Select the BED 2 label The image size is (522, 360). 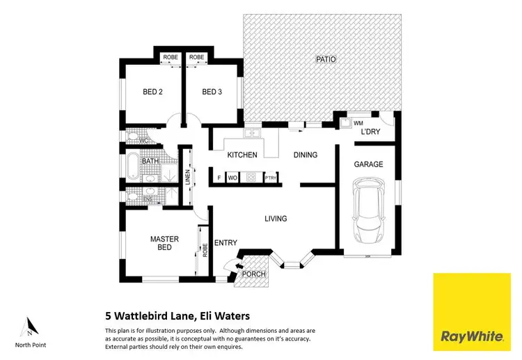153,92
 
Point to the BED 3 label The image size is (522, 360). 212,92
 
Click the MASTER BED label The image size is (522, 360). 165,243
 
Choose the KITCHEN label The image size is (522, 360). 242,155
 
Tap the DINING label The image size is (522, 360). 305,155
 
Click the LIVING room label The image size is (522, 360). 276,219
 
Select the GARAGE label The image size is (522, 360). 369,164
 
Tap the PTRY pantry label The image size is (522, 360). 271,178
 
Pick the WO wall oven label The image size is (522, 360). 232,178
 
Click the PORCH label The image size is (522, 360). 253,274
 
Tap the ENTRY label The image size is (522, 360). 226,243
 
